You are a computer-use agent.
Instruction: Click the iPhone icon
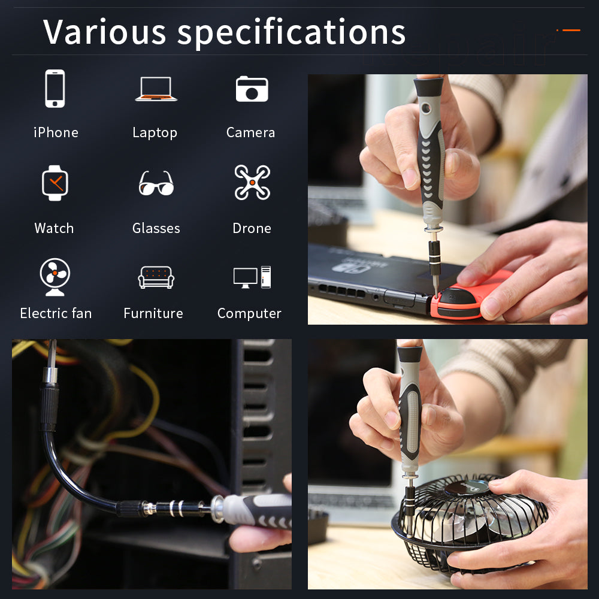(55, 89)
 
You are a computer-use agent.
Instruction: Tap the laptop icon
(156, 89)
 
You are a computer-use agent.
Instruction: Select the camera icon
(252, 89)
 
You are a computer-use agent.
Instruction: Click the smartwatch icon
(55, 183)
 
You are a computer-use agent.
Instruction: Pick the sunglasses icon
(156, 183)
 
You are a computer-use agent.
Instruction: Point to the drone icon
(252, 182)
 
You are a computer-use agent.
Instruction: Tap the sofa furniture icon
(156, 277)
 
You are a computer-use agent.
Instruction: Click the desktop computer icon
(252, 277)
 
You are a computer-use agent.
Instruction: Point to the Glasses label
(156, 228)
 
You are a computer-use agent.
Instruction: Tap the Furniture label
(153, 313)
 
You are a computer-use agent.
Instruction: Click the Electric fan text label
(56, 313)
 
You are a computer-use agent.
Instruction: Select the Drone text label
(252, 228)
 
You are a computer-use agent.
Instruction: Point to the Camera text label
(250, 132)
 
